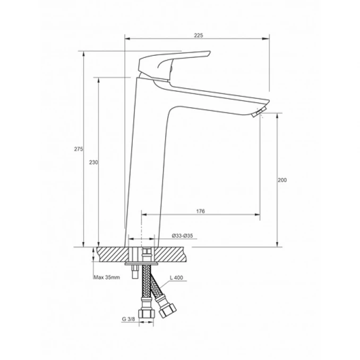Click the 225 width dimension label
pos(198,35)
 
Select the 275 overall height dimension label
pos(78,150)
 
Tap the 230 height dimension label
pos(93,162)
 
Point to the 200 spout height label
pos(282,181)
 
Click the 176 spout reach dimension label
pos(200,211)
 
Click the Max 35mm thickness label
pos(106,277)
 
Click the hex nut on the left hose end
pos(143,313)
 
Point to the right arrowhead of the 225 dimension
pos(268,38)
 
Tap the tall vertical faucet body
pos(146,159)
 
